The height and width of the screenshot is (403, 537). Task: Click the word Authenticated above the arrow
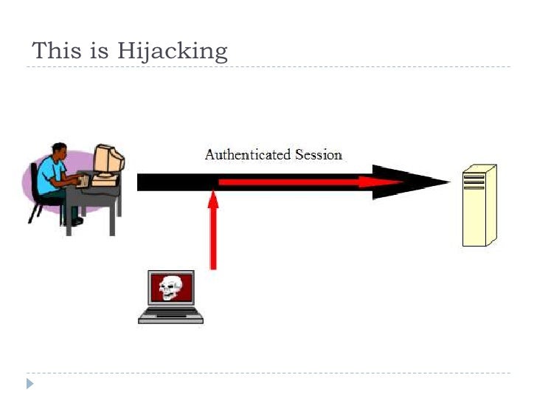[247, 155]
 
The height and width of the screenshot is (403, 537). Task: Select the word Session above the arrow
[319, 155]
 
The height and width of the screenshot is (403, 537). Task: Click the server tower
[478, 207]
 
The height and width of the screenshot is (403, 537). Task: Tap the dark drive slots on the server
[474, 181]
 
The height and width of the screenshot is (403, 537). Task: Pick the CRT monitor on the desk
[108, 159]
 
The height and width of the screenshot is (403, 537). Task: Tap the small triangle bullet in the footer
[30, 383]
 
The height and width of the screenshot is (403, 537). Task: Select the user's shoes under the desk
[74, 221]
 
